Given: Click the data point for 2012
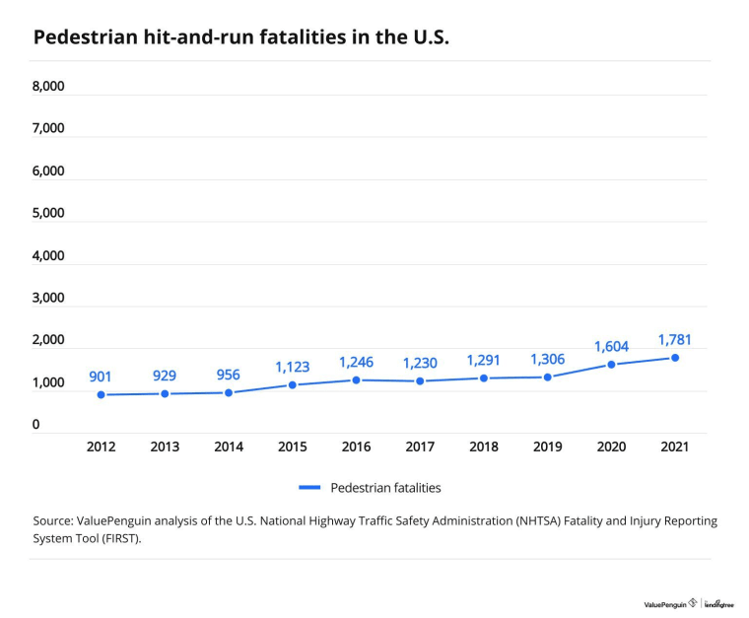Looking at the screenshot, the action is click(x=101, y=395).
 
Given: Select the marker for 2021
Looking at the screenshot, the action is click(x=675, y=358).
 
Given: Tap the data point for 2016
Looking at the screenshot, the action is click(x=356, y=380).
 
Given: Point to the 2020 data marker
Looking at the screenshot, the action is click(x=611, y=365).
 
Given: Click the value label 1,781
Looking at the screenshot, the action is click(x=674, y=340).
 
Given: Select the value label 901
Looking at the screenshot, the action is click(x=101, y=377).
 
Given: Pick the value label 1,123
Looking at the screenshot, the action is click(x=293, y=368).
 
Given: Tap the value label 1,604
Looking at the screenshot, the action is click(x=611, y=347).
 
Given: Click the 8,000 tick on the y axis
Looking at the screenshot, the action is click(x=48, y=87).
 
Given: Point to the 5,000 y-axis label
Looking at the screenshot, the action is click(x=48, y=213).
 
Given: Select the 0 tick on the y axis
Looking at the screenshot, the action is click(x=35, y=424).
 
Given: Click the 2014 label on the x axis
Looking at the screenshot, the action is click(x=229, y=447).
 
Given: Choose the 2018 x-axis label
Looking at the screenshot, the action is click(x=484, y=447).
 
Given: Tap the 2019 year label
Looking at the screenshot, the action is click(x=547, y=447).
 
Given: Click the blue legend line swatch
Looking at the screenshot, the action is click(x=309, y=488).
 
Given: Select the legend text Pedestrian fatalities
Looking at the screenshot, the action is click(x=385, y=488).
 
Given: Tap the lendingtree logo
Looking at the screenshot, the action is click(x=718, y=604).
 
